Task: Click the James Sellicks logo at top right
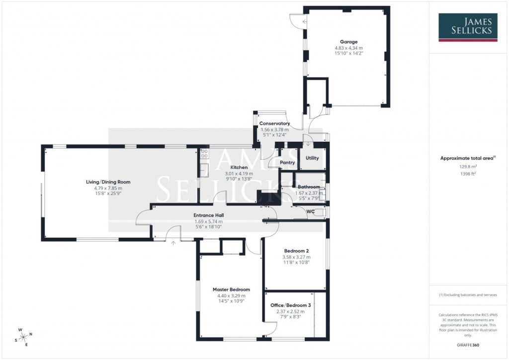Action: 468,27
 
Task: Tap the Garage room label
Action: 348,42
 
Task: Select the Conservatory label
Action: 274,123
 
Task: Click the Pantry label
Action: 287,163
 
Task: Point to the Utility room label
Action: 312,158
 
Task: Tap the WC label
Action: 311,212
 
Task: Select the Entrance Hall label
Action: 208,215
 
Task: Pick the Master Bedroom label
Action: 231,289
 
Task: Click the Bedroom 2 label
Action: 297,251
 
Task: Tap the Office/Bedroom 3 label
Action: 291,305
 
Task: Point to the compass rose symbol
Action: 23,337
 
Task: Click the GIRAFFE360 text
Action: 468,345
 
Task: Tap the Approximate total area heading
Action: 467,158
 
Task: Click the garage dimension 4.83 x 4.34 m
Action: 348,48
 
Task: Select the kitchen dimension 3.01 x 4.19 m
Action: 240,174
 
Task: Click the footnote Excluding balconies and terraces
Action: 467,295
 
